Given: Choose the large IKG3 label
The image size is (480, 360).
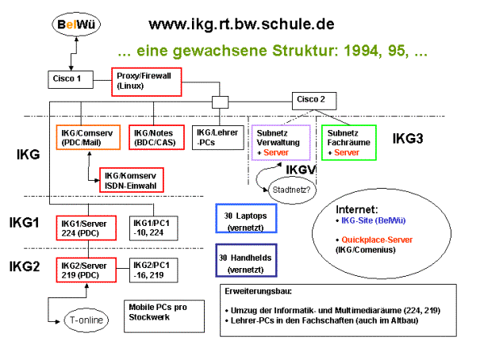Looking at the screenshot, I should (x=408, y=138).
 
